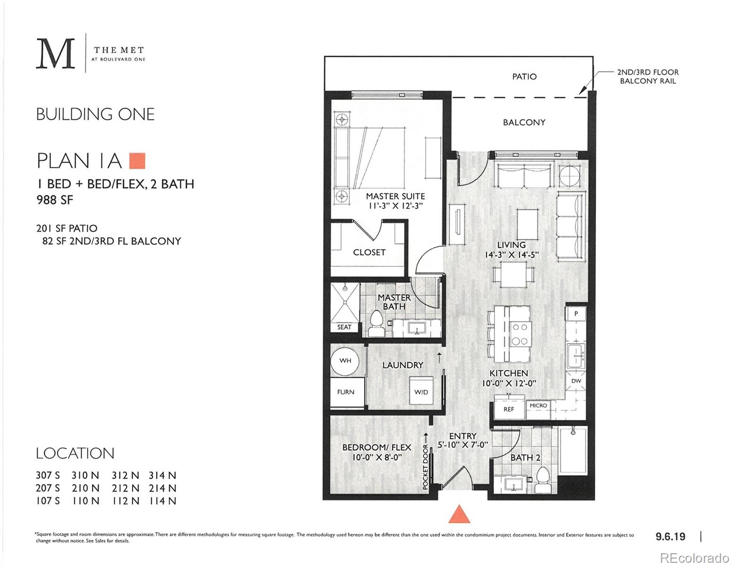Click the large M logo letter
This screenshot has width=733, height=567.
tap(56, 54)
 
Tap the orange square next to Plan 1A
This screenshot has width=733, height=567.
tap(137, 161)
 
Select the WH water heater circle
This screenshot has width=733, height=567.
tap(345, 361)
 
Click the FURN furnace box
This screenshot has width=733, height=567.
tap(346, 392)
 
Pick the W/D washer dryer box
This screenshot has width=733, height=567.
tap(421, 391)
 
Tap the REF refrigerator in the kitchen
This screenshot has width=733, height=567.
tap(509, 409)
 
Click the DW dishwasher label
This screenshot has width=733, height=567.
tap(576, 381)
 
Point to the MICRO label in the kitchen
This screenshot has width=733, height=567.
tap(538, 405)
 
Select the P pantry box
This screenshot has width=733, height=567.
tap(576, 313)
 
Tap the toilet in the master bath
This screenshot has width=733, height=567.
tap(376, 324)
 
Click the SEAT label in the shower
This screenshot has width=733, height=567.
tap(344, 327)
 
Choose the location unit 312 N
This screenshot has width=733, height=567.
tap(125, 475)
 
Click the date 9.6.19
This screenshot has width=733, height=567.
tap(670, 536)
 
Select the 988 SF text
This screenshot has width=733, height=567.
tap(55, 200)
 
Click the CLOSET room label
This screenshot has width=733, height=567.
tap(369, 252)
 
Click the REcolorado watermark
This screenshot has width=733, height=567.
tap(694, 558)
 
